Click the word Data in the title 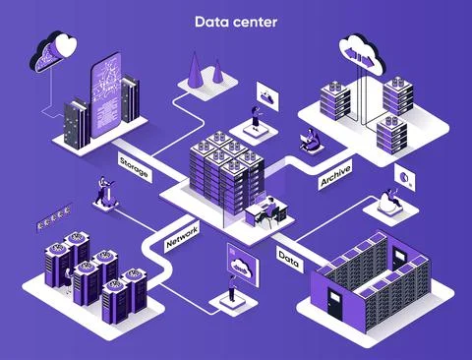(209, 21)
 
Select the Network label (182, 235)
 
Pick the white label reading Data (289, 259)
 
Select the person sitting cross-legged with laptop (310, 141)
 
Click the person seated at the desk (263, 207)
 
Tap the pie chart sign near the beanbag (403, 176)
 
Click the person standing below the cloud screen (232, 287)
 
